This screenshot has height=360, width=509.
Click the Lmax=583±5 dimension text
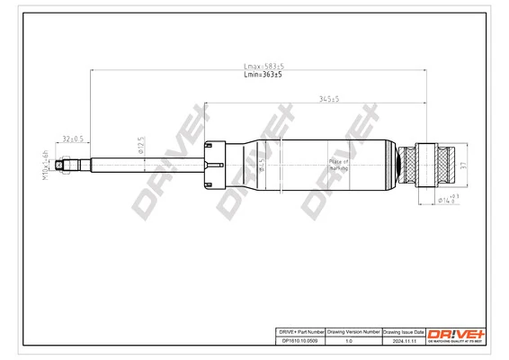click(263, 66)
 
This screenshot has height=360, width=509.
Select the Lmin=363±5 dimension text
click(263, 76)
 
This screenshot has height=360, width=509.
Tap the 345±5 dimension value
click(328, 99)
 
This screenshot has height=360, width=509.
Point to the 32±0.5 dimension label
click(73, 139)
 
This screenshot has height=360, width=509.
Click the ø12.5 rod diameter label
click(140, 146)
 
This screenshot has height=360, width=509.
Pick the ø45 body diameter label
click(261, 165)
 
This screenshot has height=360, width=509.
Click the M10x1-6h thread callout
click(44, 166)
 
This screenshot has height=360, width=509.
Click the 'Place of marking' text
click(338, 165)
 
